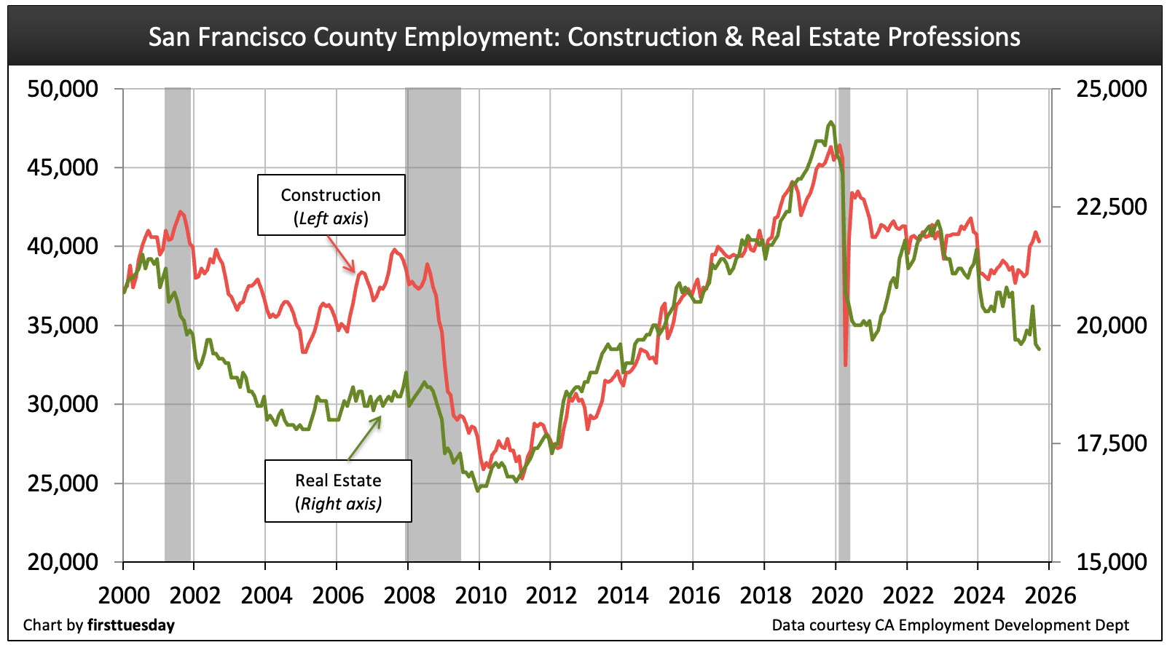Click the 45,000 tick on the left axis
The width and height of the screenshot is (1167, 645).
63,167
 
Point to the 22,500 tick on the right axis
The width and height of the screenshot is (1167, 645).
1111,207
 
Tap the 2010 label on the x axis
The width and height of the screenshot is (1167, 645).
480,595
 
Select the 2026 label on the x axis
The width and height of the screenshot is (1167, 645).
1050,595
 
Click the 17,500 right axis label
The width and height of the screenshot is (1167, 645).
1111,443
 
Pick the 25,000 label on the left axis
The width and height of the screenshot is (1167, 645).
63,483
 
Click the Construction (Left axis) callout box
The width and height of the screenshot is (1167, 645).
331,205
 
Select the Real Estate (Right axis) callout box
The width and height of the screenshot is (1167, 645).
338,491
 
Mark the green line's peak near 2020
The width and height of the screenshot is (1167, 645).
830,122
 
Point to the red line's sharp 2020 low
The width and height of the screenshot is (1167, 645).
845,365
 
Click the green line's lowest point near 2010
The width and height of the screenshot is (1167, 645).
478,491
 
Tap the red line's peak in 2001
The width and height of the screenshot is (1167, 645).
181,212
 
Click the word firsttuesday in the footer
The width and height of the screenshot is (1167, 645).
131,625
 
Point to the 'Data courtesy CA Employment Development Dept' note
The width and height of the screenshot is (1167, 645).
950,625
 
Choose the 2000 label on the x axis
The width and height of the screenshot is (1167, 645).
124,595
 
